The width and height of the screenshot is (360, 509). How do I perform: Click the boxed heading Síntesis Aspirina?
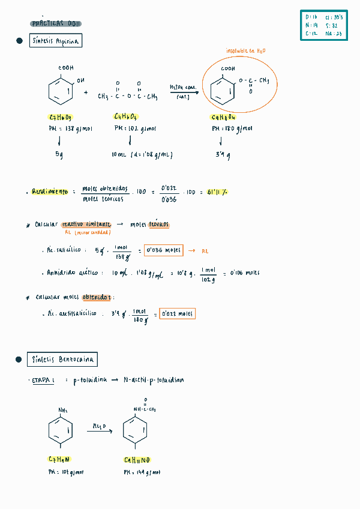55,41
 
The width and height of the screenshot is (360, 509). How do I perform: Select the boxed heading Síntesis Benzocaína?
62,360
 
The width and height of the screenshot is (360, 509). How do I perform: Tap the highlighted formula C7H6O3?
60,117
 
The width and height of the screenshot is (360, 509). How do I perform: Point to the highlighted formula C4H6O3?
125,117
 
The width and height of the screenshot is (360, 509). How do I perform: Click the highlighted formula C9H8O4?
223,118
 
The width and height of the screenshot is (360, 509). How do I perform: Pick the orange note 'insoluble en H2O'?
245,52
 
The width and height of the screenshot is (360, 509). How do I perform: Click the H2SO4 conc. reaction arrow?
183,92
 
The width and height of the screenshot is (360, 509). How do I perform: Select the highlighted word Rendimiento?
50,192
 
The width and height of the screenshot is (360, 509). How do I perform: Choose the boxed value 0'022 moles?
177,313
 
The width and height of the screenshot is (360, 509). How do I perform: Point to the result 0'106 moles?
244,273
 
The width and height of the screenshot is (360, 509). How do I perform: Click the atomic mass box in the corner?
324,26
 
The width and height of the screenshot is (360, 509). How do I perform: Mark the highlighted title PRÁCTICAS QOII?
56,24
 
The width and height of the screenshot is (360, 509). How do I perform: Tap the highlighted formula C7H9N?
60,459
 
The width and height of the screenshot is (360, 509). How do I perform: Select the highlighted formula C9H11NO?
137,460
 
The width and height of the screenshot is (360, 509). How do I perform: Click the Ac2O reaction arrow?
100,430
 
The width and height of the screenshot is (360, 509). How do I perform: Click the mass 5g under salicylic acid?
59,154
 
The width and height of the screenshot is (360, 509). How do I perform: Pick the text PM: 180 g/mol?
232,128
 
